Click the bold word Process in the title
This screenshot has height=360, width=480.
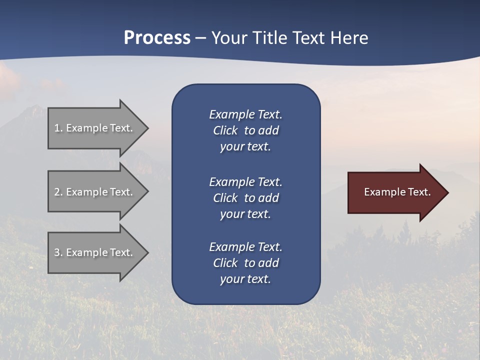[x=157, y=38]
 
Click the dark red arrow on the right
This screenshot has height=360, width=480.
[x=395, y=192]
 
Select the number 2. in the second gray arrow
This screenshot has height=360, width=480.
[x=58, y=192]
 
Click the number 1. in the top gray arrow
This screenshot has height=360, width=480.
[x=58, y=128]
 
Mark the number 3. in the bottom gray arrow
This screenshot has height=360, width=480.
[x=58, y=252]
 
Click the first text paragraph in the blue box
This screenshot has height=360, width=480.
[x=245, y=130]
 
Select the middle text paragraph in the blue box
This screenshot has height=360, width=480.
[x=245, y=198]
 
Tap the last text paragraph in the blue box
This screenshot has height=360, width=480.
[x=245, y=263]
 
